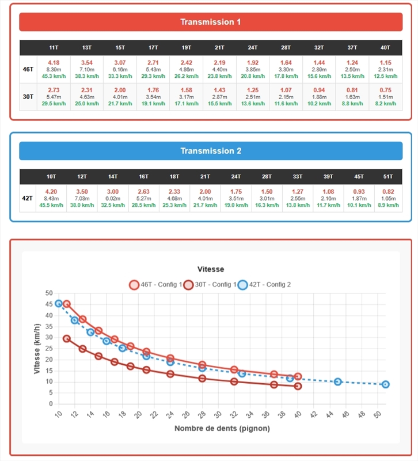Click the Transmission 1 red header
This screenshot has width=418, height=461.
click(210, 22)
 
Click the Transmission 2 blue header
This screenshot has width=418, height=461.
click(210, 151)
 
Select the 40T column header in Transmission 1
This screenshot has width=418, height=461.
click(385, 48)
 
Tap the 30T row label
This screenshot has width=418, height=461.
click(28, 97)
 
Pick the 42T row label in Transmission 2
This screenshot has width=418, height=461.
click(28, 198)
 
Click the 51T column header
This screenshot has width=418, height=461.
click(388, 177)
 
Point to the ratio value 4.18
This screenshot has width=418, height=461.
click(54, 62)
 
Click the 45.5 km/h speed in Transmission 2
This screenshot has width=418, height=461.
click(51, 205)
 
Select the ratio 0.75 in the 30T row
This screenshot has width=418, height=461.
click(385, 90)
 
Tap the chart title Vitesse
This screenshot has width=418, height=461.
click(210, 269)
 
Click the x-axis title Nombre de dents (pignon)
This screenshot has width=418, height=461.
click(222, 428)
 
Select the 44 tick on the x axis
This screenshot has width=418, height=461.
click(329, 414)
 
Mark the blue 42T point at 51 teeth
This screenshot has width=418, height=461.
click(385, 384)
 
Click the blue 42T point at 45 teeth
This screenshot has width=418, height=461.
click(337, 381)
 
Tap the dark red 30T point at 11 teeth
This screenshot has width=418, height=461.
click(67, 339)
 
